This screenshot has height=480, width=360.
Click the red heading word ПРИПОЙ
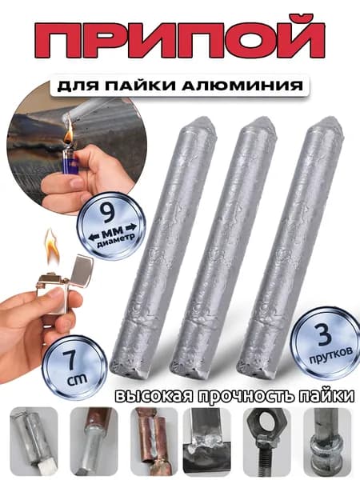[x=180, y=39]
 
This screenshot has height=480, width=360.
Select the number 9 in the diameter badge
[x=107, y=213]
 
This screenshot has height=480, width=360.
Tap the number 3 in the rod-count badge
[x=324, y=335]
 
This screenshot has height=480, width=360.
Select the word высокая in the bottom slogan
[x=154, y=396]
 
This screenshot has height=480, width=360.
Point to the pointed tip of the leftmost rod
[x=202, y=120]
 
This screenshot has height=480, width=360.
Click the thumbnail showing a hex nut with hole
[x=266, y=441]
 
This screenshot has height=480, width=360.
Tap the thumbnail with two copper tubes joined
[x=154, y=441]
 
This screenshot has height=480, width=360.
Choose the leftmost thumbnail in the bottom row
[x=34, y=441]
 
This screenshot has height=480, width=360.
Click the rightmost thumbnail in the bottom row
[x=327, y=441]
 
